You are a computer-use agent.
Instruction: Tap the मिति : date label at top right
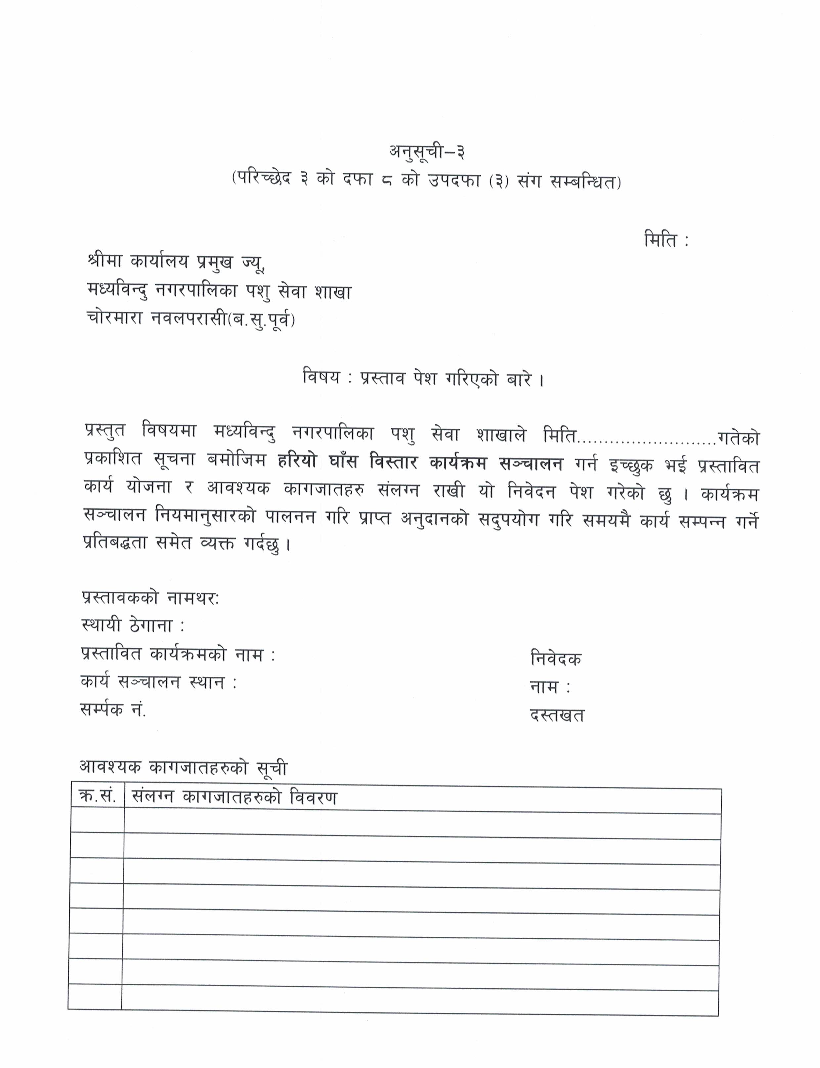[x=666, y=241]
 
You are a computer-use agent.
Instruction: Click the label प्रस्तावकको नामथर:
[x=150, y=598]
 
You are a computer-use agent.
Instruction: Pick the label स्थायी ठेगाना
[x=132, y=625]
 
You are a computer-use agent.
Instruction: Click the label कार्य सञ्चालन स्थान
[x=158, y=681]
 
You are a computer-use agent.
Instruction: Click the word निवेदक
[x=555, y=659]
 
